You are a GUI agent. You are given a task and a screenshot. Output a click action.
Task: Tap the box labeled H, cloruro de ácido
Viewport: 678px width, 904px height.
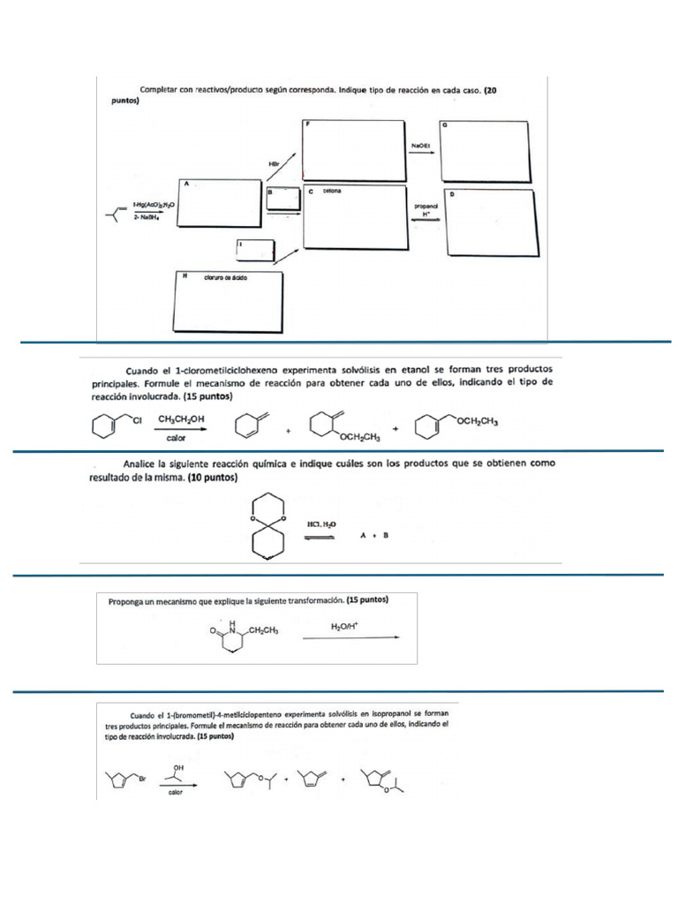pyautogui.click(x=229, y=301)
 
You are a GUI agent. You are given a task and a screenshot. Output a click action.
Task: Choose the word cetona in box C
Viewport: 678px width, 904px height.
pyautogui.click(x=332, y=191)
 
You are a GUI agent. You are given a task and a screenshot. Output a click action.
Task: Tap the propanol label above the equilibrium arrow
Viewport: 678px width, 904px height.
pyautogui.click(x=426, y=206)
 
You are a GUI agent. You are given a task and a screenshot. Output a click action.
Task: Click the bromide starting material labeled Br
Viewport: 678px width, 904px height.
pyautogui.click(x=124, y=780)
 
